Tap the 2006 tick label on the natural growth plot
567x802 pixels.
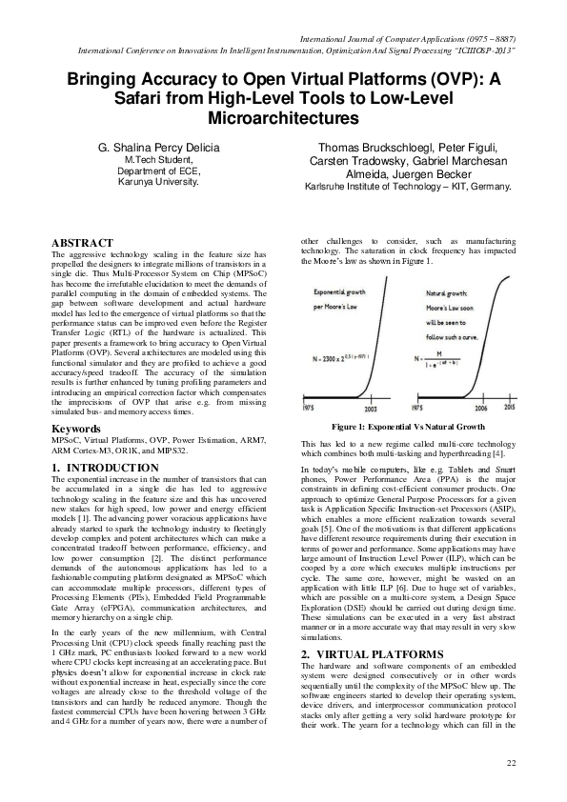tap(482, 405)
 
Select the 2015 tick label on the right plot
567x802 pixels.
tap(510, 405)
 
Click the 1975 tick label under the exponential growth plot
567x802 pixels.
tap(308, 405)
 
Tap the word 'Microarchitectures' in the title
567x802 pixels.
tap(283, 118)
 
